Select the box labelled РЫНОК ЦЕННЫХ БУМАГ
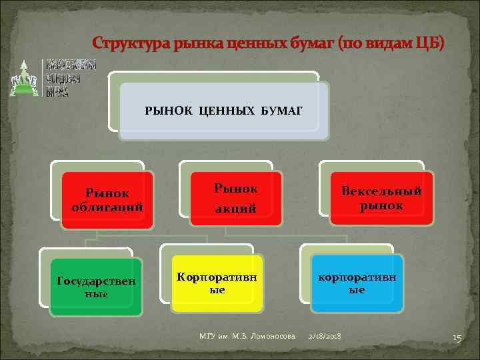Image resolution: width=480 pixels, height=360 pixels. coord(223,109)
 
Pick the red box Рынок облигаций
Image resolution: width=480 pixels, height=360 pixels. coord(107,199)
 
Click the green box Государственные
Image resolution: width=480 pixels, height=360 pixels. coord(96,287)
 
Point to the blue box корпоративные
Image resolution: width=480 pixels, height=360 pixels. coord(357,283)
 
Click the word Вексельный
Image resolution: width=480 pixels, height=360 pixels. coord(381,191)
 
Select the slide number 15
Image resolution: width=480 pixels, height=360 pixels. coord(457,338)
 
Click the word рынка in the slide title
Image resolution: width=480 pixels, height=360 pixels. coord(190,44)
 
